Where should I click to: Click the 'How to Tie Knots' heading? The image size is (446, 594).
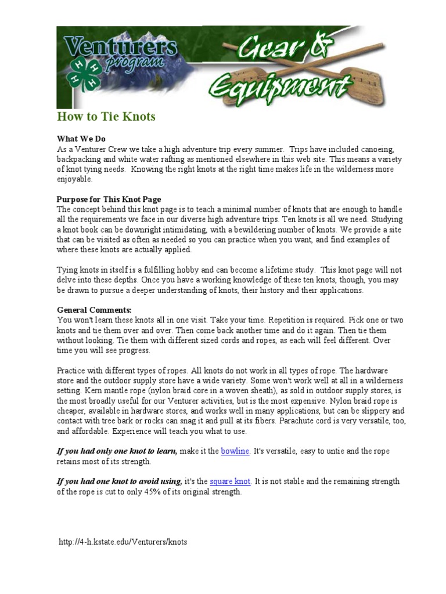[x=106, y=117]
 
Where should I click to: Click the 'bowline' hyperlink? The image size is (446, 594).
[x=235, y=451]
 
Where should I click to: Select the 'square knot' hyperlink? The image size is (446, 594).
[x=229, y=481]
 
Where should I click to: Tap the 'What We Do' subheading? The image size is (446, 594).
[x=81, y=139]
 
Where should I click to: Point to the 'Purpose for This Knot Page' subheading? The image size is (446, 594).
[x=109, y=200]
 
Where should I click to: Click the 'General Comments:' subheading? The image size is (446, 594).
[x=94, y=310]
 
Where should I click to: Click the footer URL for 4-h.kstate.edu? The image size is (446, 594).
[x=123, y=542]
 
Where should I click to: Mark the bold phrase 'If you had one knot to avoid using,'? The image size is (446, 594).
[x=119, y=481]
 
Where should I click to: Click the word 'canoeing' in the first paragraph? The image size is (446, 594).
[x=378, y=149]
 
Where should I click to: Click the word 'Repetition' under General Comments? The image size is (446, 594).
[x=272, y=320]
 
